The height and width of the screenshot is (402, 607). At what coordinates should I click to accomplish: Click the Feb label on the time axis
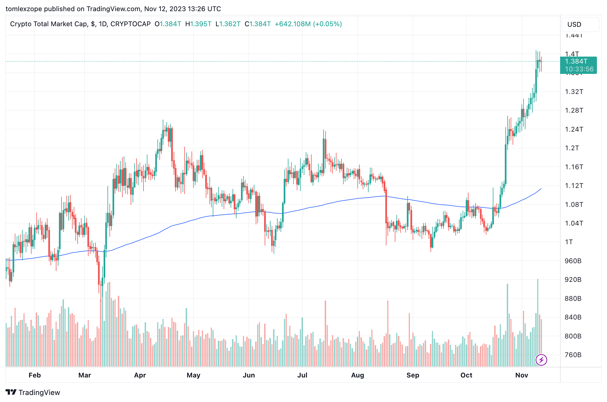(35, 375)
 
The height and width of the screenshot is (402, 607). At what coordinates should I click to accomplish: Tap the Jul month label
(302, 375)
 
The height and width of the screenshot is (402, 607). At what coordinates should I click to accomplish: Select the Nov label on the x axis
(522, 375)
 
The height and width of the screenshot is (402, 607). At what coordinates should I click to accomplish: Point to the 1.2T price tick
(572, 148)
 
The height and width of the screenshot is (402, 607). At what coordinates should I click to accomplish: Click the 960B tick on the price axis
(573, 261)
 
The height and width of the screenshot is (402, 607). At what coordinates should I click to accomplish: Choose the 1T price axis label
(569, 242)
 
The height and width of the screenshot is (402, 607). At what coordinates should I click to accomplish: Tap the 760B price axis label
(573, 355)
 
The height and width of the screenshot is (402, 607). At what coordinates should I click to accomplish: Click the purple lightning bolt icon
(541, 360)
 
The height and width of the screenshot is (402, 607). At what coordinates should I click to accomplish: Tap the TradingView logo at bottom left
(33, 393)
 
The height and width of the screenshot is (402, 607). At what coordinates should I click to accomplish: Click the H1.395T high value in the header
(198, 24)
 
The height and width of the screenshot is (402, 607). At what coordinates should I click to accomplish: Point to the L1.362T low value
(228, 24)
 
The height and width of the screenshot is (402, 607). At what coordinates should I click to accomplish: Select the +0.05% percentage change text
(328, 24)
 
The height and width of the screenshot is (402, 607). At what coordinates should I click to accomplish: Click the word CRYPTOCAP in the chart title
(130, 24)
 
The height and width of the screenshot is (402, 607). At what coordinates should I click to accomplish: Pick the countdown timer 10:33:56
(579, 69)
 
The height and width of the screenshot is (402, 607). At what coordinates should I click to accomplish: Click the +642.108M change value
(293, 24)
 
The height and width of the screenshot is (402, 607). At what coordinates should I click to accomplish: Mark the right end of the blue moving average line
(541, 189)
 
